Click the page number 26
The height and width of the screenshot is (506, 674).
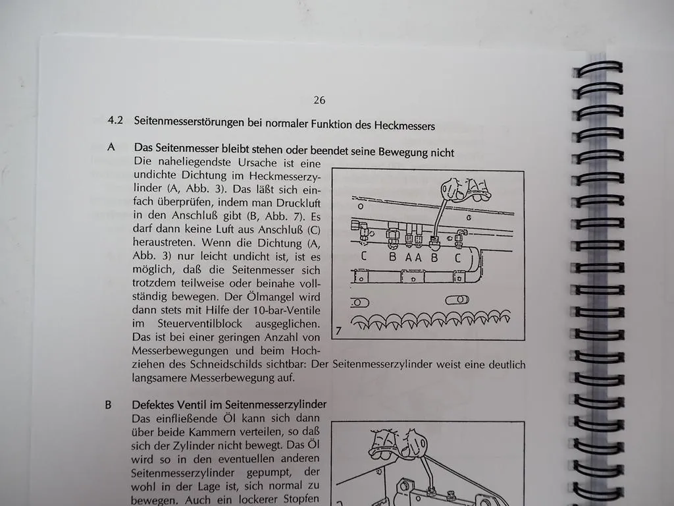click(x=319, y=100)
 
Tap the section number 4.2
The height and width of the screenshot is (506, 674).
click(x=116, y=121)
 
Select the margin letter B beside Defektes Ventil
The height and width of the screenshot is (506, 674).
click(x=109, y=405)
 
